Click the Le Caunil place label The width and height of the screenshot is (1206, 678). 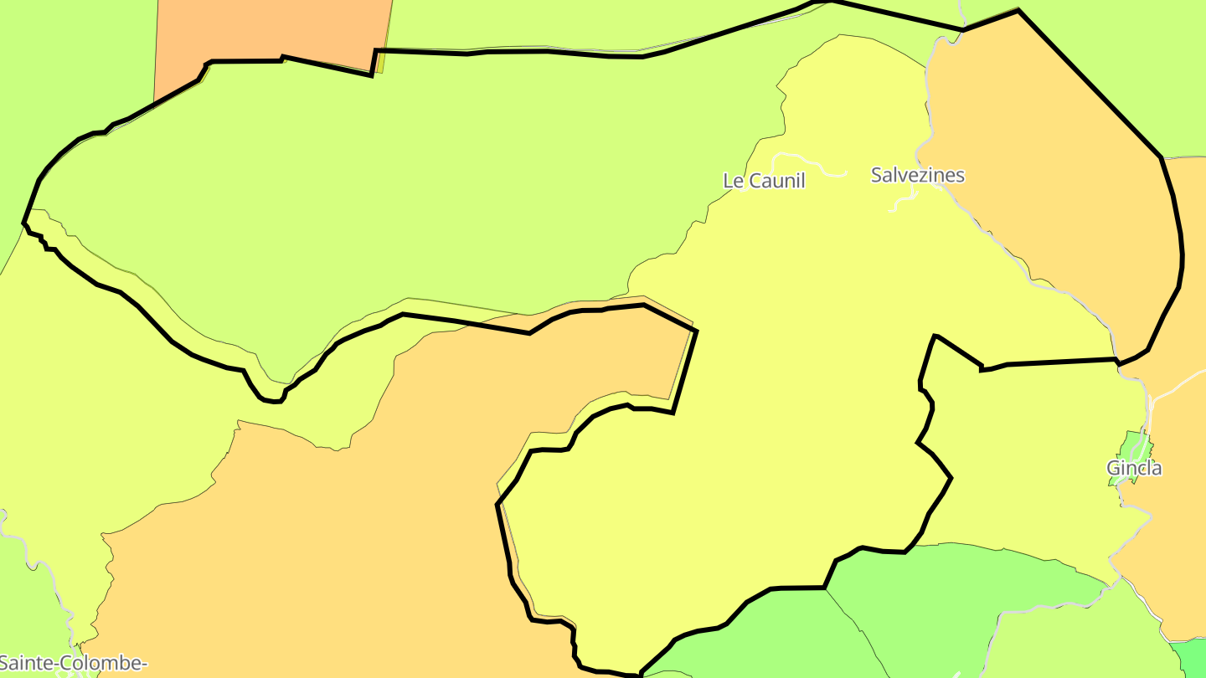coord(763,180)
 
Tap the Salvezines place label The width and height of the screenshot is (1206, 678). coord(917,175)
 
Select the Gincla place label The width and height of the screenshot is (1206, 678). coord(1134,468)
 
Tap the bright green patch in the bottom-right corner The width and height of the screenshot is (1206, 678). coord(1189,659)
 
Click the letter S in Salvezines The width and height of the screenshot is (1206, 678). coord(877,175)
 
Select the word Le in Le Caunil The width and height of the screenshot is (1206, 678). coord(732,180)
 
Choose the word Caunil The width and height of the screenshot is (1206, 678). coord(776,180)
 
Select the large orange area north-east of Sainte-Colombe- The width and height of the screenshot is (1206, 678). coord(335,519)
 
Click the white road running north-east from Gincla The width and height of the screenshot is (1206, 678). coord(1177,385)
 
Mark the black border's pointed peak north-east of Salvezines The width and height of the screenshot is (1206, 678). coord(1018,11)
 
